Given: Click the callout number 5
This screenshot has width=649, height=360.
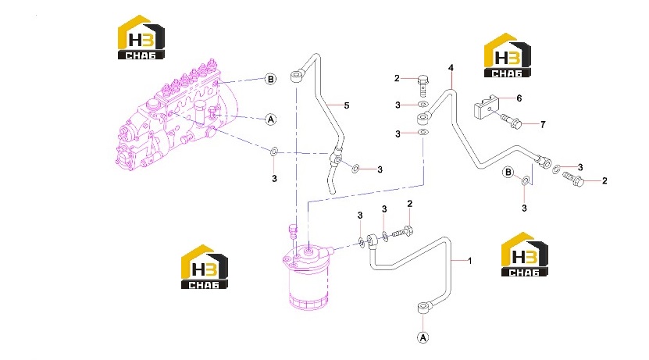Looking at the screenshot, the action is (x=347, y=105).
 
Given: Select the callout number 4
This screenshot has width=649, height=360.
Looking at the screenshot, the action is (x=451, y=67).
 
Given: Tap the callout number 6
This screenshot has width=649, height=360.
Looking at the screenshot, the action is (x=519, y=98).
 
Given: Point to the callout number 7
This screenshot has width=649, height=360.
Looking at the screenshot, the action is (x=543, y=124).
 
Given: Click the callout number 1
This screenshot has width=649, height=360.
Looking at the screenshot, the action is (x=470, y=261).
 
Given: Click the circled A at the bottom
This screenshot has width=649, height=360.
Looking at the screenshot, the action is (x=423, y=337).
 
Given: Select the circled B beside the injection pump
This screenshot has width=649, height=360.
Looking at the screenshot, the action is (x=270, y=79).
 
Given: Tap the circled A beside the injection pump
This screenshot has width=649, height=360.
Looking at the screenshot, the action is (x=270, y=119).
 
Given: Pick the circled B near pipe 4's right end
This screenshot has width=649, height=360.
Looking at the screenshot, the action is (x=508, y=172).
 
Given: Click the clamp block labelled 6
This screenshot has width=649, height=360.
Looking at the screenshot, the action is (x=485, y=106).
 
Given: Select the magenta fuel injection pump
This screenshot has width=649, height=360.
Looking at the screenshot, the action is (x=176, y=114).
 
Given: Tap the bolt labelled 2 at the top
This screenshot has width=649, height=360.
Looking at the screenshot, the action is (x=423, y=85).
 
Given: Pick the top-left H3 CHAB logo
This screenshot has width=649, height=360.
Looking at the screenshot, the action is (x=141, y=37).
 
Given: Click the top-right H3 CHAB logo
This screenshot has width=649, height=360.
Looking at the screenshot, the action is (x=508, y=55).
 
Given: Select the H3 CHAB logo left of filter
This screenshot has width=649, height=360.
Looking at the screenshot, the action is (x=205, y=266).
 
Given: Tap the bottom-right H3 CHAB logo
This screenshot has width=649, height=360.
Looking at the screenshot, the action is (x=524, y=255).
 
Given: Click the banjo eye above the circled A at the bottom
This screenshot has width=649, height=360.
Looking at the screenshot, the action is (x=423, y=308).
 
